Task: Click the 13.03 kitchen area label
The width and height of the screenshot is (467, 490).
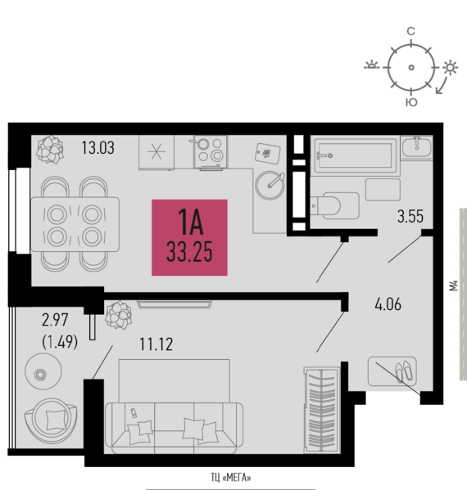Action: click(98, 148)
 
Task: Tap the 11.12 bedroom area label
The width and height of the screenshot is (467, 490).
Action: click(156, 344)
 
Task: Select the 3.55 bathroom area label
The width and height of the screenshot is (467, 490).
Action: click(410, 216)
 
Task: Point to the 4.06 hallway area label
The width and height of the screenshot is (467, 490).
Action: click(388, 304)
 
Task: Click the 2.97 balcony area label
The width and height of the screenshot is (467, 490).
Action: click(55, 321)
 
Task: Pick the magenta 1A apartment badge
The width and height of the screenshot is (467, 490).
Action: click(190, 237)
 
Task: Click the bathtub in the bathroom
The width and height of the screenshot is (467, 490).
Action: click(356, 155)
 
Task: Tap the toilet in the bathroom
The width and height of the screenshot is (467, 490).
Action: click(335, 205)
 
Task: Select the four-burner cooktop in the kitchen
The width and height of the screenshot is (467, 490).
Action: click(211, 152)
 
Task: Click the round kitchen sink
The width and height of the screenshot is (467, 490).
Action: click(270, 185)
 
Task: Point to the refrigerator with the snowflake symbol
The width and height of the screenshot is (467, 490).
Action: click(156, 152)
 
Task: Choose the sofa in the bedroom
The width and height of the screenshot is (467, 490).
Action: click(174, 428)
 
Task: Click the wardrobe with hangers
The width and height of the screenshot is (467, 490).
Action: click(322, 410)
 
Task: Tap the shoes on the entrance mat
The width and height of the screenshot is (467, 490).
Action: click(404, 371)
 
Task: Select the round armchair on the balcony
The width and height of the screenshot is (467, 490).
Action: click(51, 420)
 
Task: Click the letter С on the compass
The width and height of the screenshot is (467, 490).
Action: click(411, 31)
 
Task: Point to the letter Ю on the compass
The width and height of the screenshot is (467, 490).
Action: click(411, 102)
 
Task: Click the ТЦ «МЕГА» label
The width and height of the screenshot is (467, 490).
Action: click(231, 478)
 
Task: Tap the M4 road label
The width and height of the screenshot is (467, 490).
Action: click(454, 285)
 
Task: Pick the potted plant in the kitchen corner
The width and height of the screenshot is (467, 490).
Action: click(50, 149)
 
